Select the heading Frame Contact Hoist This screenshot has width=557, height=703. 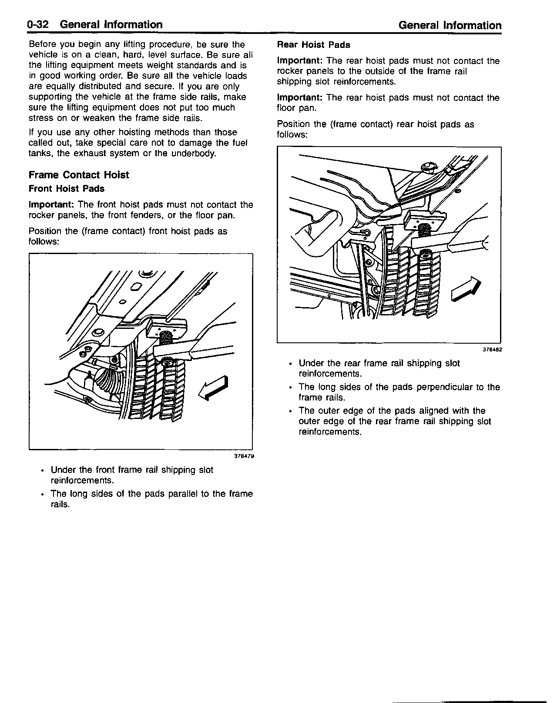coord(79,175)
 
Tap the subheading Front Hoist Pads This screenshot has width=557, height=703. coord(67,189)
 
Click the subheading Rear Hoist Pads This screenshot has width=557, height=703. coord(313,45)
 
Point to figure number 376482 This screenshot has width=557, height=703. coord(492,349)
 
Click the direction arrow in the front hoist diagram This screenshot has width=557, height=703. coord(213,386)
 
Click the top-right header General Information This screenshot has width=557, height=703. coord(450,25)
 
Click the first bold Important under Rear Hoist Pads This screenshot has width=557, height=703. coord(300,61)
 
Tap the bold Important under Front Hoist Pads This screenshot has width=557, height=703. coord(51,205)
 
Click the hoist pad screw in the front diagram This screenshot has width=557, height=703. coord(166,336)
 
